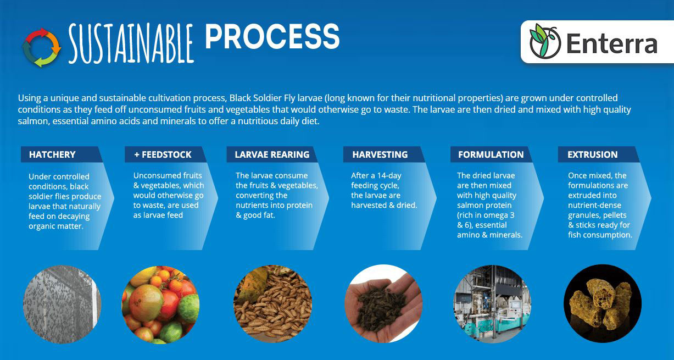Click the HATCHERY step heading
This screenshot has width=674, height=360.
click(52, 155)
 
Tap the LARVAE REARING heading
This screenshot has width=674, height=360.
click(272, 155)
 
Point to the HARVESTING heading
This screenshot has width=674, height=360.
click(380, 155)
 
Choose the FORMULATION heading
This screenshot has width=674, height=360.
click(491, 155)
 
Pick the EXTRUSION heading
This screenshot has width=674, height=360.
click(592, 155)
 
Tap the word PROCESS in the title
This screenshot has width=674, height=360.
click(272, 37)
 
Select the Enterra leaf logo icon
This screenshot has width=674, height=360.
click(544, 42)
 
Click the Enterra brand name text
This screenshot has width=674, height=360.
click(611, 43)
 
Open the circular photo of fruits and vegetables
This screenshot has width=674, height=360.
click(160, 303)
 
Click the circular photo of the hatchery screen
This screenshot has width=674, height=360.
click(62, 303)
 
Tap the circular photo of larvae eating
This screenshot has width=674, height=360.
click(272, 303)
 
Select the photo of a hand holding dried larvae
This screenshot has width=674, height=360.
click(383, 303)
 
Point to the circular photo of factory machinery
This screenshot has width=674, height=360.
click(492, 303)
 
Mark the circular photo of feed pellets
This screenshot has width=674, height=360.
click(603, 303)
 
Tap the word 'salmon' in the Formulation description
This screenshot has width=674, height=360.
click(470, 206)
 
